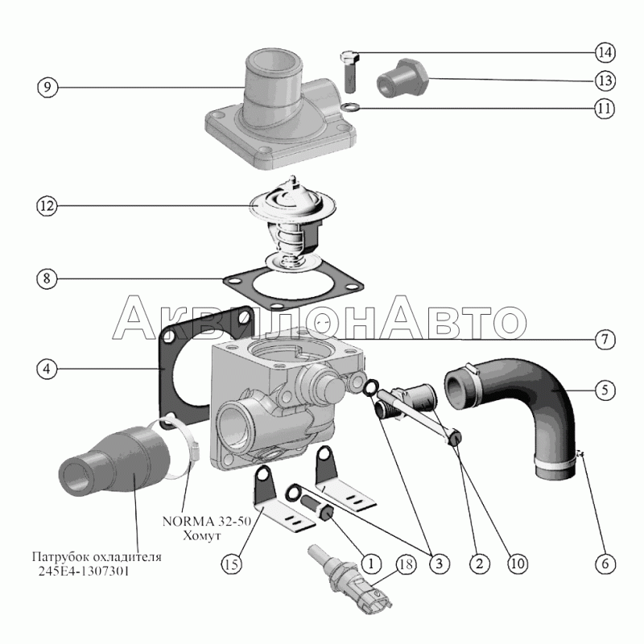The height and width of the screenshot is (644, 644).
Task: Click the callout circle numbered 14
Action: tap(605, 52)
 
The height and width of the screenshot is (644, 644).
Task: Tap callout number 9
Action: tap(47, 87)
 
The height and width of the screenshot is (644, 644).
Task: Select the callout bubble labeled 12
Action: tap(47, 206)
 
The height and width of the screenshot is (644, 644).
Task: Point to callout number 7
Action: tap(605, 340)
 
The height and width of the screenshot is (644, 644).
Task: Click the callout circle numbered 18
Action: tap(406, 564)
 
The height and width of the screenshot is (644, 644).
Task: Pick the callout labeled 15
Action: tap(232, 564)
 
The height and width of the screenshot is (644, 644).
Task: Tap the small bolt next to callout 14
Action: tap(349, 71)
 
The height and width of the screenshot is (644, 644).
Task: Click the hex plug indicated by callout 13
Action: tap(402, 77)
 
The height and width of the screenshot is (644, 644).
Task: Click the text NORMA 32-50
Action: tap(207, 521)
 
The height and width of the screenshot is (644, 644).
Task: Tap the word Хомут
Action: tap(202, 535)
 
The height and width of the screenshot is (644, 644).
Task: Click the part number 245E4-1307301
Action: tap(84, 572)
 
